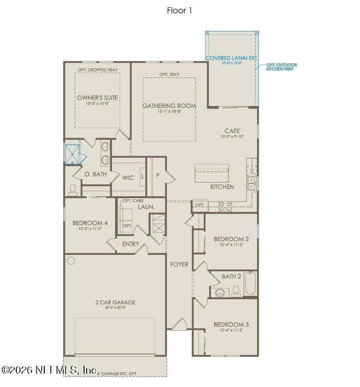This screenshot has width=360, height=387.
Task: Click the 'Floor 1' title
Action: click(x=179, y=10)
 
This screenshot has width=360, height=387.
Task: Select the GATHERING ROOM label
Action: click(x=169, y=106)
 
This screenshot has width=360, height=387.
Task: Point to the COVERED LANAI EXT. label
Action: click(x=231, y=58)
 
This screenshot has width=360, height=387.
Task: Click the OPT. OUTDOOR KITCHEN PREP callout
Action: click(x=281, y=67)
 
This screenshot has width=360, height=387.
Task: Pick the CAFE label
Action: click(x=231, y=131)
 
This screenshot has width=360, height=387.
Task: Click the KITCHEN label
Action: click(x=222, y=187)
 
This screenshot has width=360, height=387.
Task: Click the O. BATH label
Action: click(x=96, y=175)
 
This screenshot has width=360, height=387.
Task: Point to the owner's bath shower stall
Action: click(x=73, y=153)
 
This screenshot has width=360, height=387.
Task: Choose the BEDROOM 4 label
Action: click(x=90, y=223)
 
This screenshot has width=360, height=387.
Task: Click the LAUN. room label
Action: click(x=146, y=207)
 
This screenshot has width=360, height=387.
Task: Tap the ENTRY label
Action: click(x=131, y=244)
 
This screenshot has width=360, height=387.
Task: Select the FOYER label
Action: click(x=179, y=264)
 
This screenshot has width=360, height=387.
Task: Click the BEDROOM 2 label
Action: click(x=231, y=239)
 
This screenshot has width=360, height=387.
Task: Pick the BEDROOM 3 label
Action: click(x=231, y=324)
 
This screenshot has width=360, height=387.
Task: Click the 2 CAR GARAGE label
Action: click(x=115, y=302)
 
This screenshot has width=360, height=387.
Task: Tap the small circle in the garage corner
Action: click(x=71, y=260)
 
